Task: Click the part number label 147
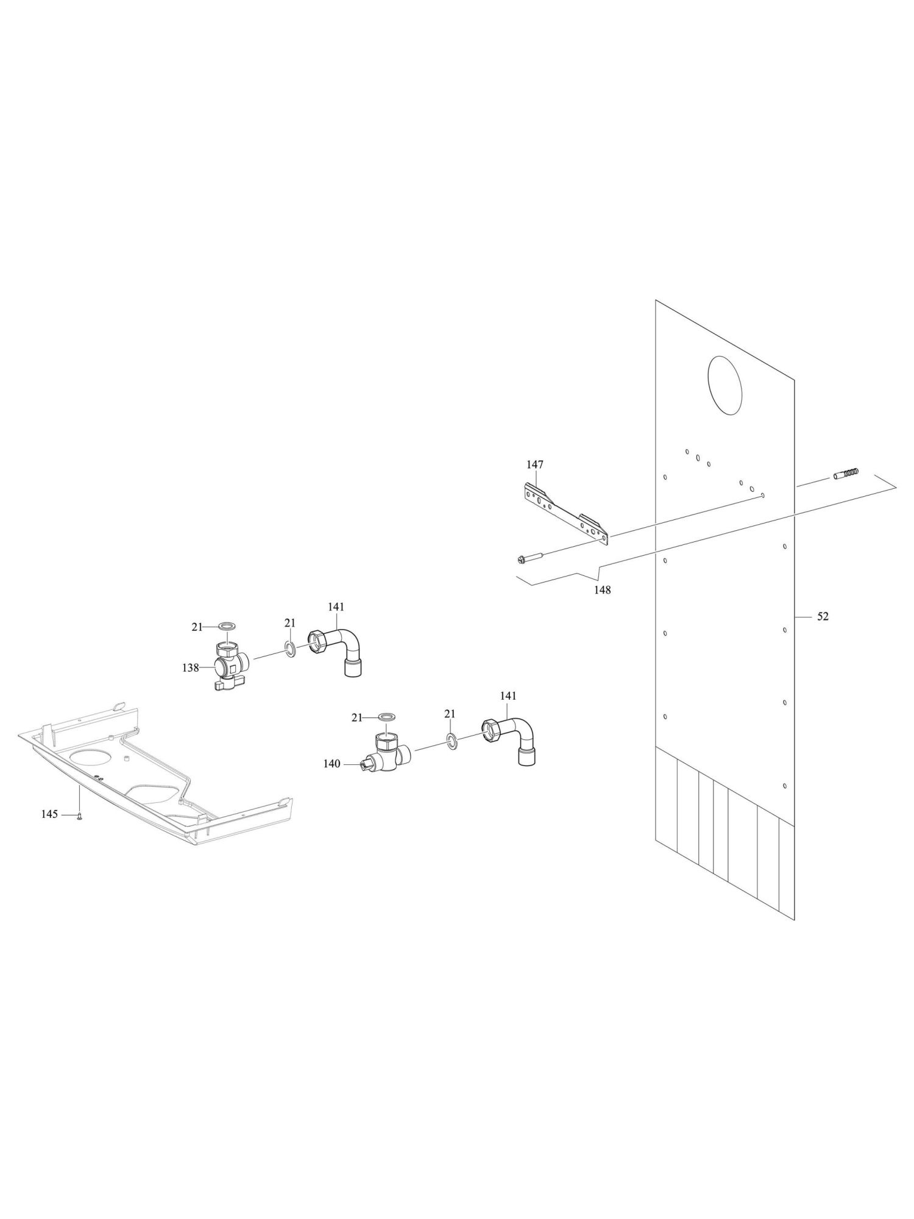(534, 465)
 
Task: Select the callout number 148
(603, 590)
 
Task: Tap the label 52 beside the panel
(823, 616)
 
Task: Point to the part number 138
(190, 668)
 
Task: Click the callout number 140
(331, 764)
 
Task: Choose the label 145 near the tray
(50, 814)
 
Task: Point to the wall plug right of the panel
(846, 473)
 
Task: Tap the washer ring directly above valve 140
(386, 716)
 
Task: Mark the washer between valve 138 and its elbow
(291, 649)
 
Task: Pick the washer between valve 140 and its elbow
(452, 742)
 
